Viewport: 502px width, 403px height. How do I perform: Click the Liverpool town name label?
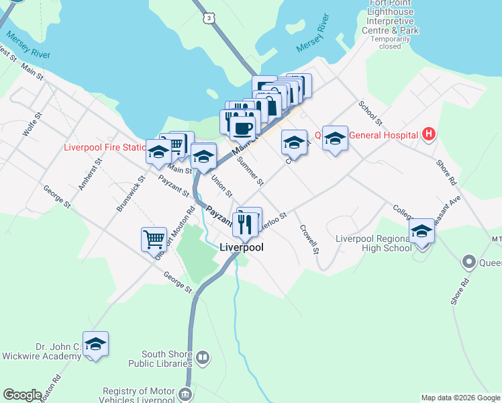pyautogui.click(x=242, y=247)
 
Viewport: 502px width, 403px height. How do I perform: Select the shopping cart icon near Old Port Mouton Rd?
pyautogui.click(x=154, y=238)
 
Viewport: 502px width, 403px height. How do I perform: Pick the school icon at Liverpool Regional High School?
pyautogui.click(x=421, y=231)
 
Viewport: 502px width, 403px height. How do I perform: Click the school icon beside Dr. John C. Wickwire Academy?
pyautogui.click(x=95, y=344)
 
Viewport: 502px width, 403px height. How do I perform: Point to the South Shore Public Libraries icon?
pyautogui.click(x=203, y=357)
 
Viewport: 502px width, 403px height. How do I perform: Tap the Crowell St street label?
pyautogui.click(x=309, y=239)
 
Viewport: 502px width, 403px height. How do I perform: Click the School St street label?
pyautogui.click(x=370, y=114)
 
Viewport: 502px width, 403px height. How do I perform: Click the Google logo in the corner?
pyautogui.click(x=22, y=394)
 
